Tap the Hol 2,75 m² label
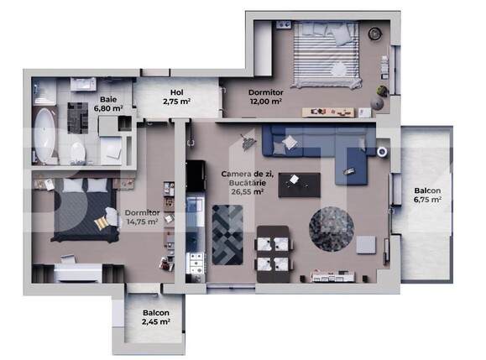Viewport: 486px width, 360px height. tap(176, 97)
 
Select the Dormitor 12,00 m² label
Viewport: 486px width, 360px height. tap(264, 97)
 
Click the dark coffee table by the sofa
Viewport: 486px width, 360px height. tap(299, 183)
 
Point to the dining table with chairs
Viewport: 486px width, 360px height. tap(274, 249)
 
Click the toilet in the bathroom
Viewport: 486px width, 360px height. tap(78, 152)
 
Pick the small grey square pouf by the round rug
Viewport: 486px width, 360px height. tap(366, 243)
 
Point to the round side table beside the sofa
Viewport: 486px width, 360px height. tap(381, 152)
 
